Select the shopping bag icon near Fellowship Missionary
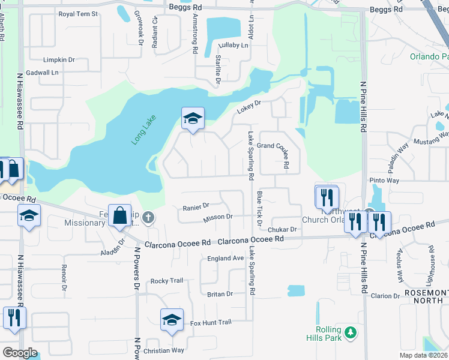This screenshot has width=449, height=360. tap(120, 217)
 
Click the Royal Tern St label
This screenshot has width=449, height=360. tap(78, 14)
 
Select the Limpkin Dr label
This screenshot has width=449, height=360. tap(59, 60)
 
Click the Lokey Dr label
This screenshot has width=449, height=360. tap(249, 106)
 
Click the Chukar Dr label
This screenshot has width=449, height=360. tap(283, 229)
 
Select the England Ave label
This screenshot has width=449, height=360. tap(225, 258)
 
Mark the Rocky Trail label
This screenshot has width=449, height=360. tap(166, 281)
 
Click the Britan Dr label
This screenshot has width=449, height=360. tap(220, 294)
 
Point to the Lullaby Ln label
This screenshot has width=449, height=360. tap(234, 45)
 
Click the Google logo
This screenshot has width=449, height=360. tap(20, 353)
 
